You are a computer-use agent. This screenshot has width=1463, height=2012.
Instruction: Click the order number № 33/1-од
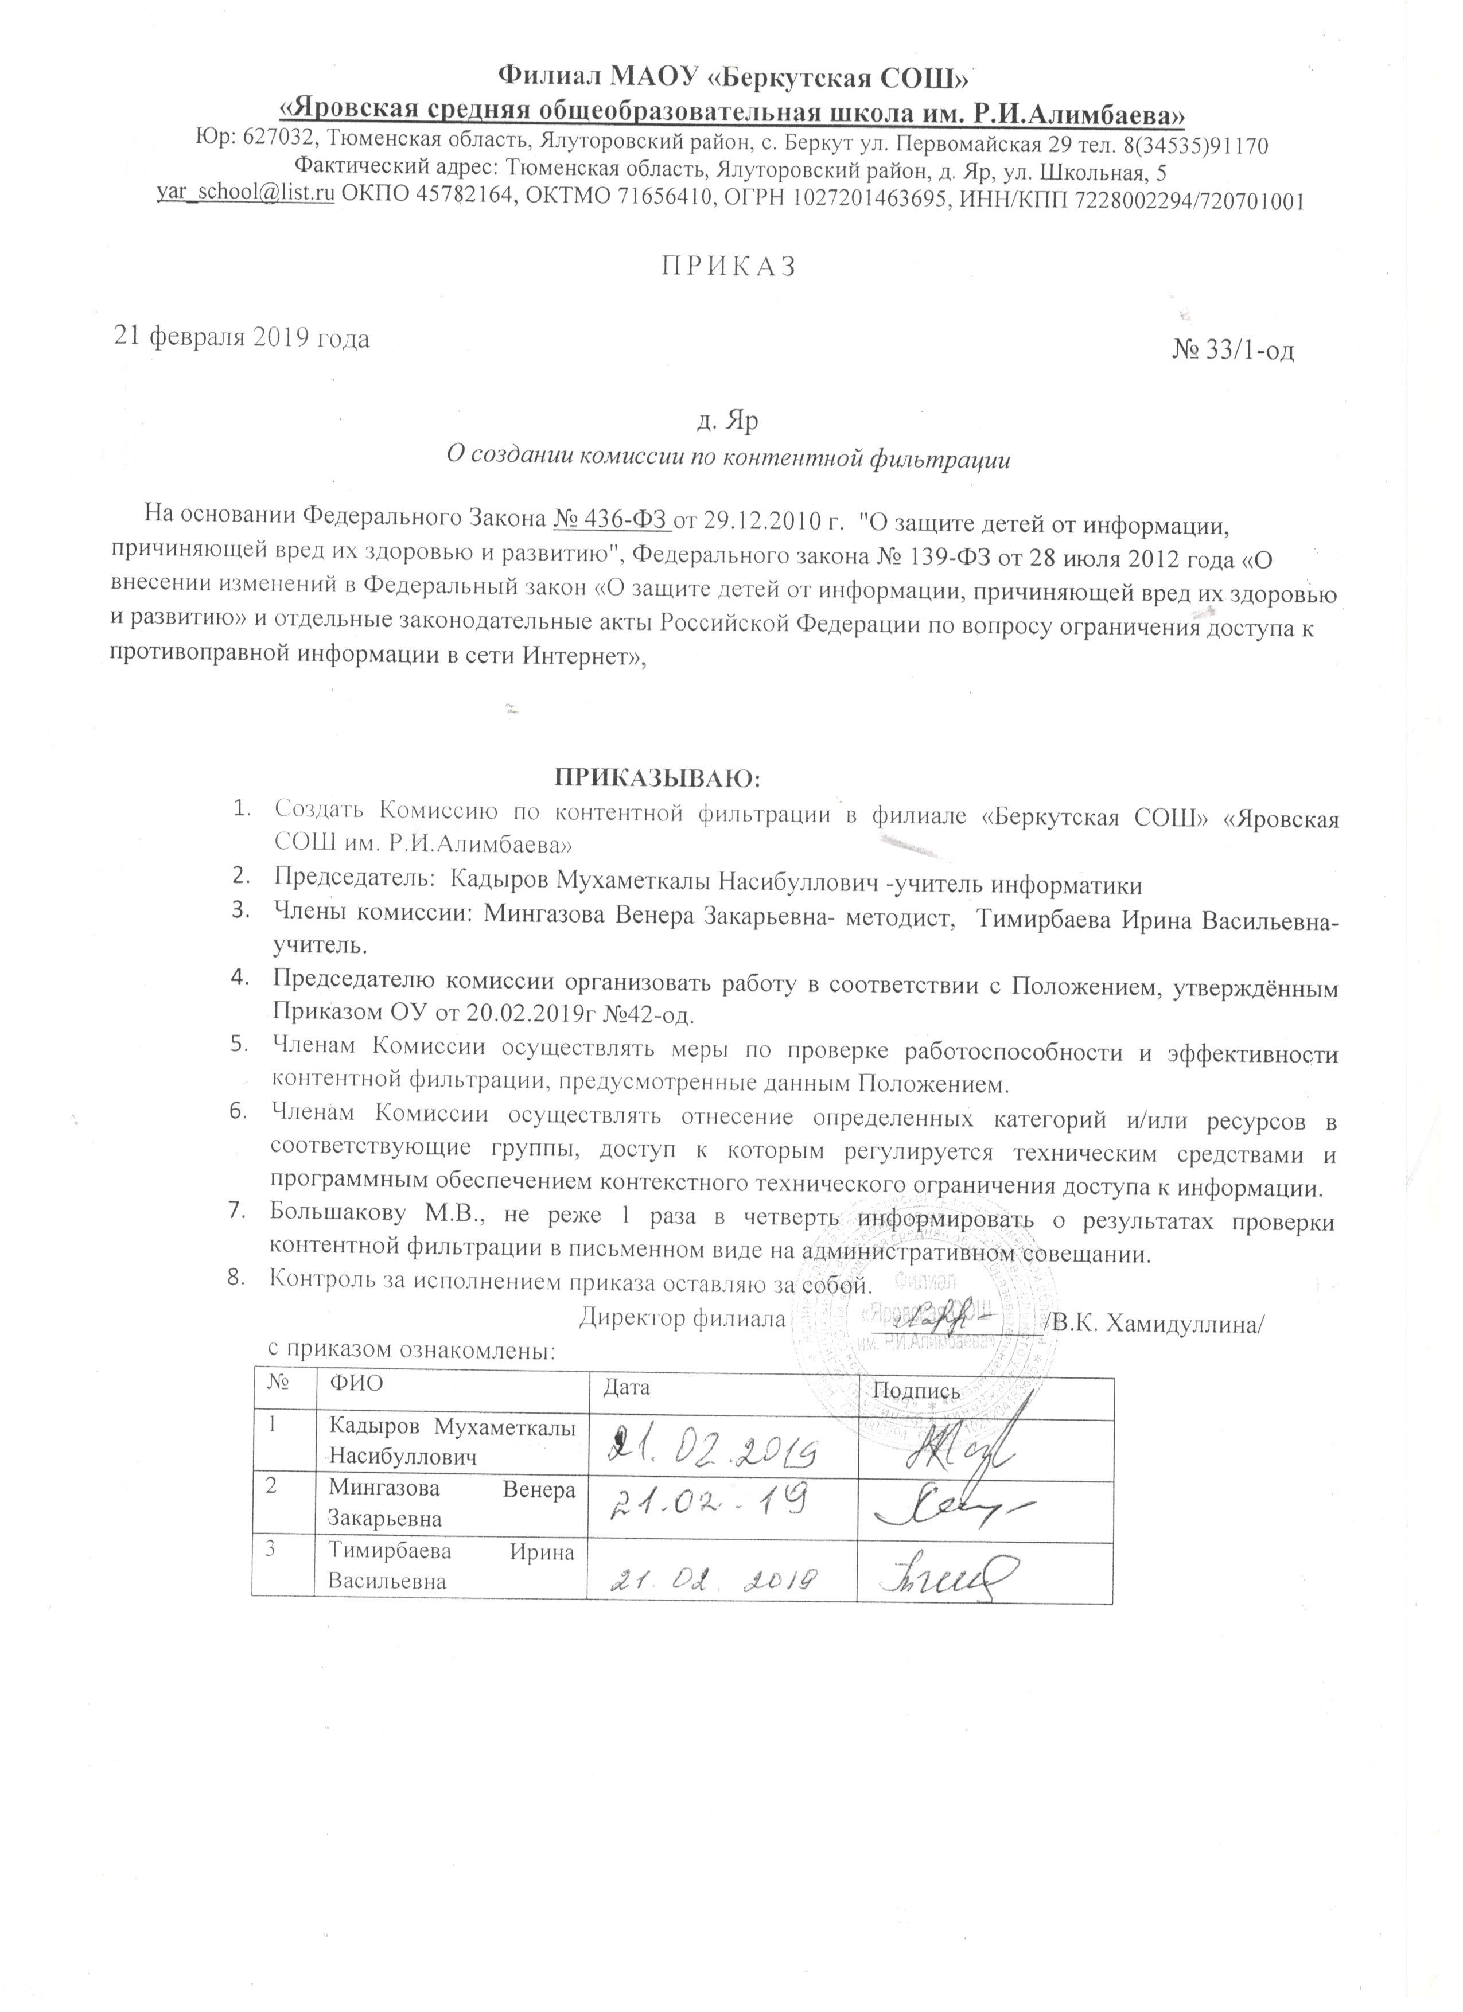1233,351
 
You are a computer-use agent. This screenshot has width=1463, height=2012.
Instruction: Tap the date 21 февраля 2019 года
240,338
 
